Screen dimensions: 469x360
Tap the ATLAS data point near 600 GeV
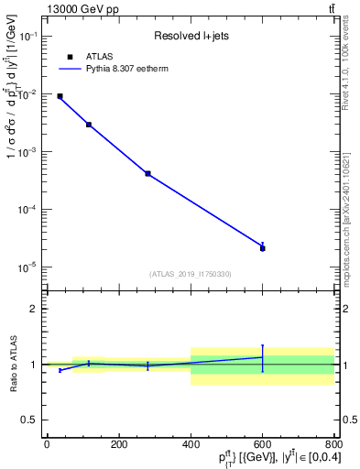pos(262,247)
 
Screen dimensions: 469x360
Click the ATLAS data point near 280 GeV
pos(147,173)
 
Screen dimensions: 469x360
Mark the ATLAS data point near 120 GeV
pos(89,125)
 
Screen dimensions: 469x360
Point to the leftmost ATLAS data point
pos(60,96)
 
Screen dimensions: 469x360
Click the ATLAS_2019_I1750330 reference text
pos(191,274)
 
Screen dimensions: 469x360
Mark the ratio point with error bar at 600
pos(262,357)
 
